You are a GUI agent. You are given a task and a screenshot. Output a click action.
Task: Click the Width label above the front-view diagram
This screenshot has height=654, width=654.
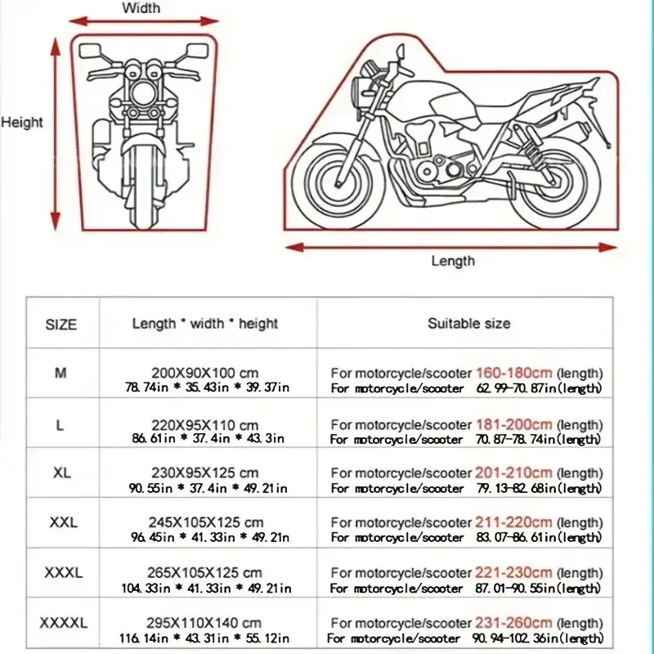(x=141, y=8)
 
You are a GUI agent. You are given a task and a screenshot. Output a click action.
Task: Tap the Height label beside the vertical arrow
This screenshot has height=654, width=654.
(x=22, y=123)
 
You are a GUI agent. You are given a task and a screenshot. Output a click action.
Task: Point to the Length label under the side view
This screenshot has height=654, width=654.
(x=452, y=261)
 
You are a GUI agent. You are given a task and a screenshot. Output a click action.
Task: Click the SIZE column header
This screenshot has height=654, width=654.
(x=61, y=325)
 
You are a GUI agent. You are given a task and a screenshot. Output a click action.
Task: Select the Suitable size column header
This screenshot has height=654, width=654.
(x=468, y=324)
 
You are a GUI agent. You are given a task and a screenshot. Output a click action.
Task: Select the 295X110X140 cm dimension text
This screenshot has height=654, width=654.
(x=211, y=623)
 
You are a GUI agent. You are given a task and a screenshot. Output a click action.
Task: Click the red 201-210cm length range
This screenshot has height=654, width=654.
(x=513, y=473)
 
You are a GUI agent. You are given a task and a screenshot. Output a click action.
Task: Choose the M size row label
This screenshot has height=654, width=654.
(x=60, y=373)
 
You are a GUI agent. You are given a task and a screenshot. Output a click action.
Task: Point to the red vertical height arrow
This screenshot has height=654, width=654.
(x=56, y=136)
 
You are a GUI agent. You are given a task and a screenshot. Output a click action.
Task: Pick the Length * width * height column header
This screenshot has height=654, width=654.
(x=205, y=324)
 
